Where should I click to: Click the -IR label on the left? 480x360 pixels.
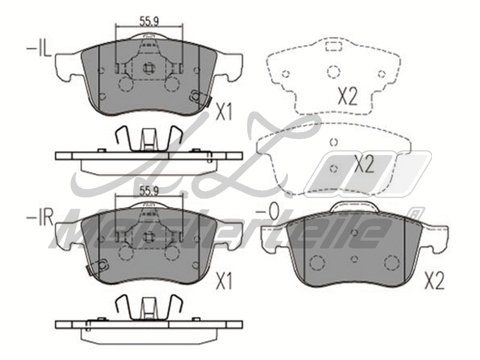[38, 217]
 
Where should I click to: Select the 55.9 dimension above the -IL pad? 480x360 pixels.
[148, 22]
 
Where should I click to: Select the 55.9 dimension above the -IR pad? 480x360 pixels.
[148, 191]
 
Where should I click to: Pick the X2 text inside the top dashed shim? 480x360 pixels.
[346, 96]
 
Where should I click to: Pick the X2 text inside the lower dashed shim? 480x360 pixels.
[364, 164]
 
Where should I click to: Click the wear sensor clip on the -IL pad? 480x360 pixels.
[197, 96]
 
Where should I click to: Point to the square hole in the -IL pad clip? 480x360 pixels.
[148, 68]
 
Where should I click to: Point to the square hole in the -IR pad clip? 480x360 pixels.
[148, 236]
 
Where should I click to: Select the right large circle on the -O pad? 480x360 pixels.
[391, 263]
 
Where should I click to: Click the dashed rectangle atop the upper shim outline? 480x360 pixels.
[332, 46]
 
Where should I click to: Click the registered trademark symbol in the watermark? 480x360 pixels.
[413, 212]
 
